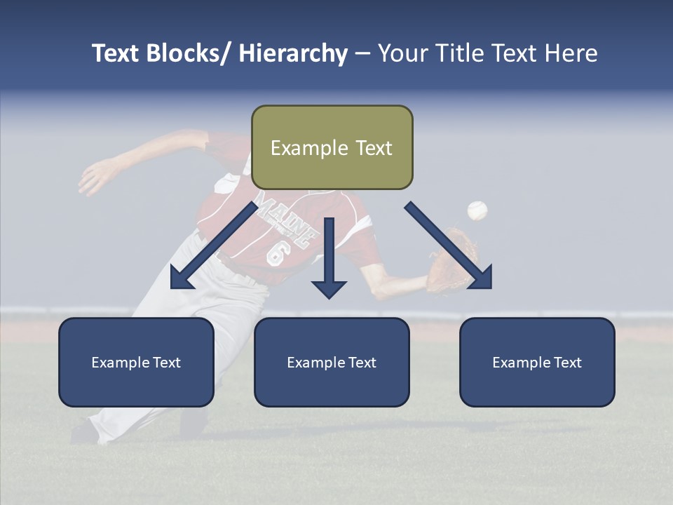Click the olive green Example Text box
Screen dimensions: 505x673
[332, 147]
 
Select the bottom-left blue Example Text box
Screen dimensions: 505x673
[136, 362]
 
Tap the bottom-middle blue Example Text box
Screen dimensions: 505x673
[332, 362]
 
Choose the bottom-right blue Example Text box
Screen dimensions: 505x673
[537, 362]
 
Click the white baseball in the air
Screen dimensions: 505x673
[477, 210]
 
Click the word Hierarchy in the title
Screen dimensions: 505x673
[293, 53]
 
